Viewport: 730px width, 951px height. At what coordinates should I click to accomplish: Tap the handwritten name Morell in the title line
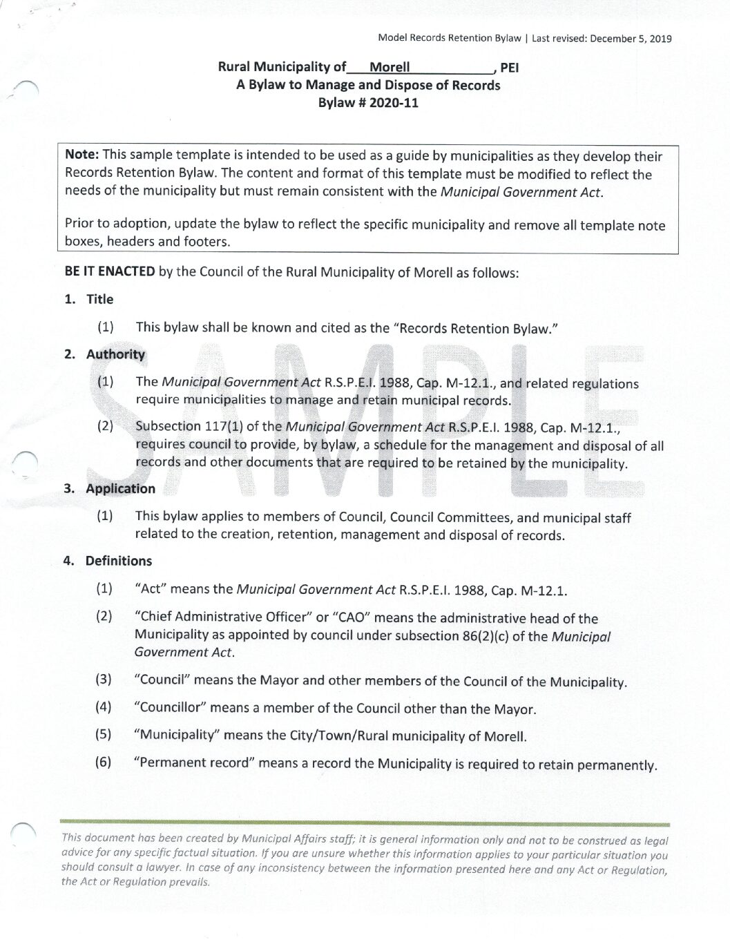pos(390,67)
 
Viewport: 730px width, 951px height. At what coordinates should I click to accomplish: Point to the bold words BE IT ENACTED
pos(110,271)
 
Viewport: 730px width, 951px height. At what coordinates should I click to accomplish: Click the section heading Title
pos(99,299)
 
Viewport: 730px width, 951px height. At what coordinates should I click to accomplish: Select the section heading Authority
pos(115,354)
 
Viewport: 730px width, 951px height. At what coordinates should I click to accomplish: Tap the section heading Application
pos(120,488)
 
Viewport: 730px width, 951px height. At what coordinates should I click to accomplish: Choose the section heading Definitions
pos(118,561)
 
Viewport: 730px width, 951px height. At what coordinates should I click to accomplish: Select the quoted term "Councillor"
pos(169,708)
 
